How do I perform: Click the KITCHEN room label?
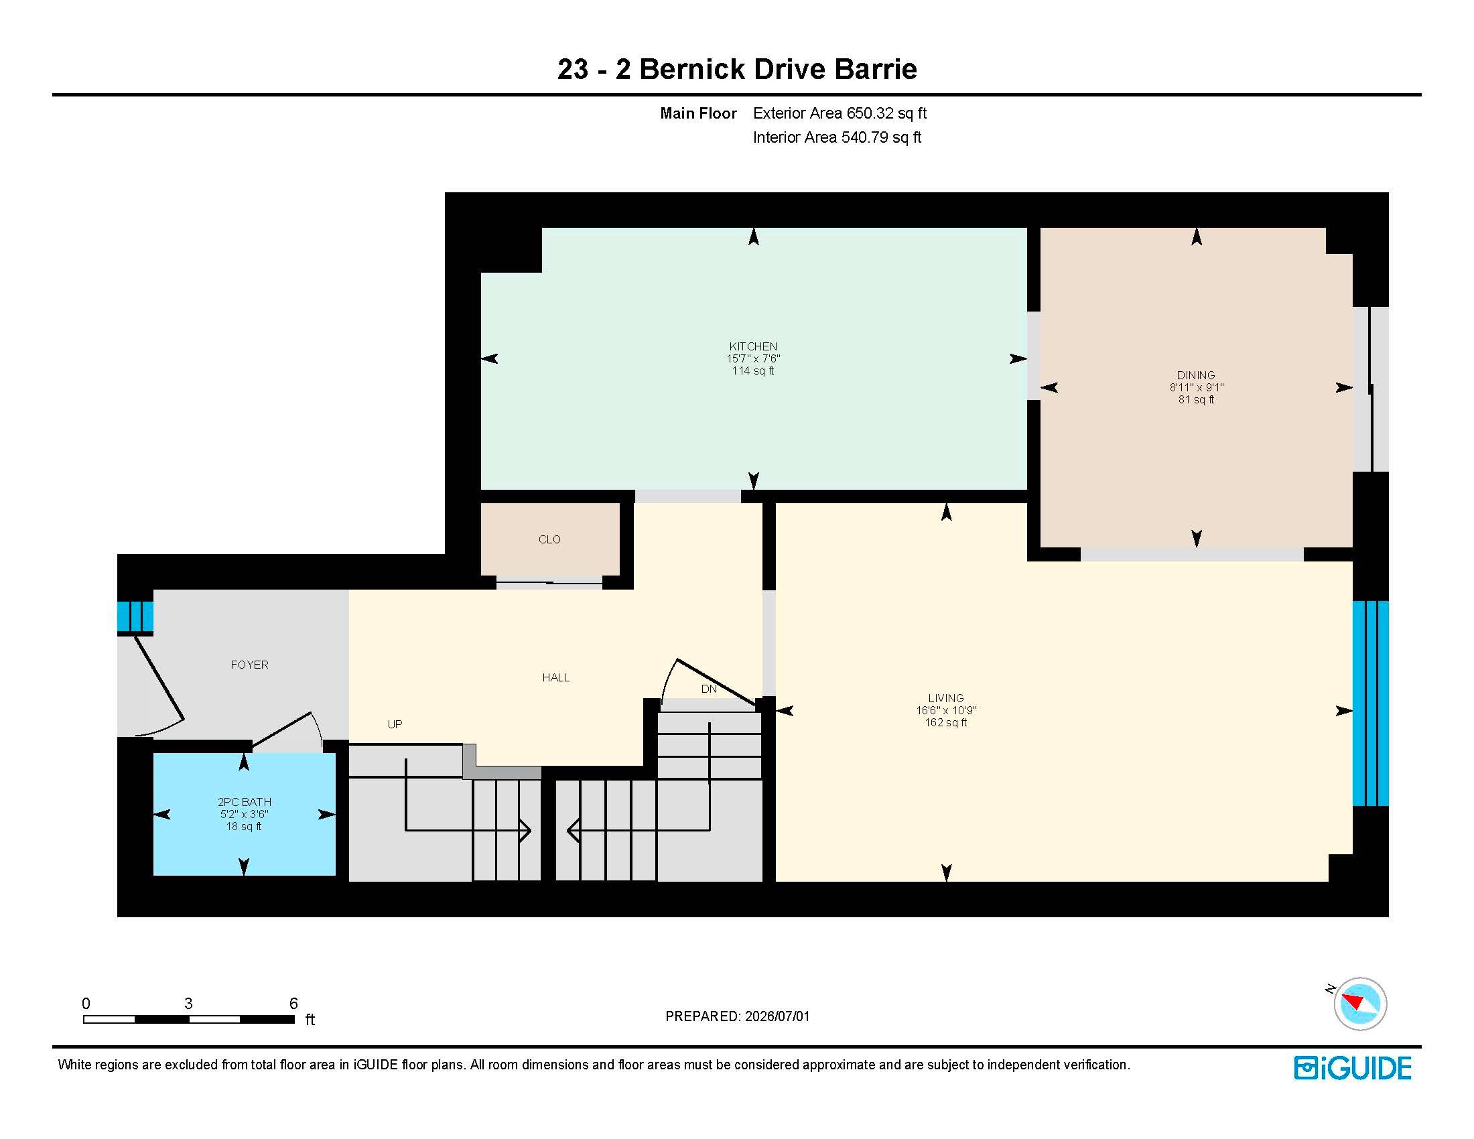click(753, 346)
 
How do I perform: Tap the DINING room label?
click(1196, 375)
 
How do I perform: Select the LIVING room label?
click(945, 698)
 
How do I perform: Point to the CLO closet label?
click(549, 539)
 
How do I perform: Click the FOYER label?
click(250, 665)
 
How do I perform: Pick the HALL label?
click(556, 677)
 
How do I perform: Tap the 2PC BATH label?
click(245, 801)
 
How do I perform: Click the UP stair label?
click(395, 724)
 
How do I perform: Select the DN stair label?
click(709, 689)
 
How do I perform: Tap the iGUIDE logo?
click(1353, 1068)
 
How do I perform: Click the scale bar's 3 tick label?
click(188, 1004)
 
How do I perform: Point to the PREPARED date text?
click(737, 1016)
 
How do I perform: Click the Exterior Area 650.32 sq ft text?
click(840, 113)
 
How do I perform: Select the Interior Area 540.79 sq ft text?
click(837, 137)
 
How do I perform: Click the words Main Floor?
click(699, 113)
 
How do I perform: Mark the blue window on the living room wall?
click(1371, 703)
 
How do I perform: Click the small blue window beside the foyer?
click(135, 616)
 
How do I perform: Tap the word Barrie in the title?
click(876, 69)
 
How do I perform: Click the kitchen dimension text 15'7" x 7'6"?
click(753, 359)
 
